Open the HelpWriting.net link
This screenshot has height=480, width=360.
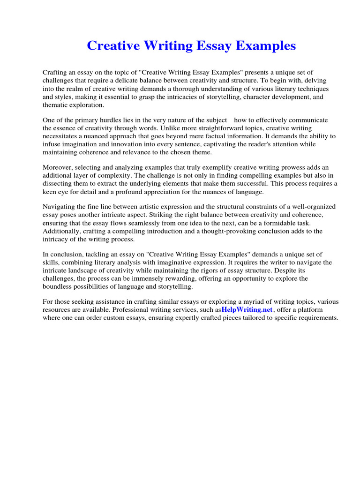[x=247, y=310]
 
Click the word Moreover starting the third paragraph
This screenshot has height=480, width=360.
[x=58, y=167]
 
